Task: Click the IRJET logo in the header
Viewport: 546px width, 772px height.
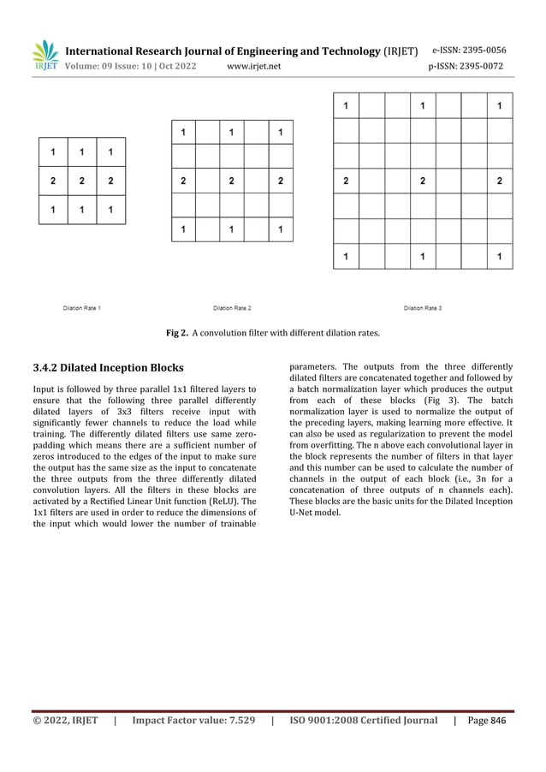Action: [44, 56]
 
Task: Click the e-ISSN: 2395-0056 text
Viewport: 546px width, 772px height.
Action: [469, 50]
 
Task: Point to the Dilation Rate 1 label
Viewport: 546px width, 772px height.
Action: [82, 307]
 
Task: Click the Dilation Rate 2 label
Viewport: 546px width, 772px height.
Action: [232, 307]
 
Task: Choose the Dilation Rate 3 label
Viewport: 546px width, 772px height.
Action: [423, 307]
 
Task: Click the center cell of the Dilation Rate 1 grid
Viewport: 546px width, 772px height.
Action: [82, 181]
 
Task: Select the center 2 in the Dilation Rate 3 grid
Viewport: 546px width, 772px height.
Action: [423, 181]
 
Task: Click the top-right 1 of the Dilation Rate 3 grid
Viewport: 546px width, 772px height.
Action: [500, 107]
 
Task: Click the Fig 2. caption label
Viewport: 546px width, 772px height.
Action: [176, 333]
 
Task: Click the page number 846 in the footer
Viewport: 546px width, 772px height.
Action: [500, 721]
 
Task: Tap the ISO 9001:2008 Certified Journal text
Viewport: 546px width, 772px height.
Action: [364, 721]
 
